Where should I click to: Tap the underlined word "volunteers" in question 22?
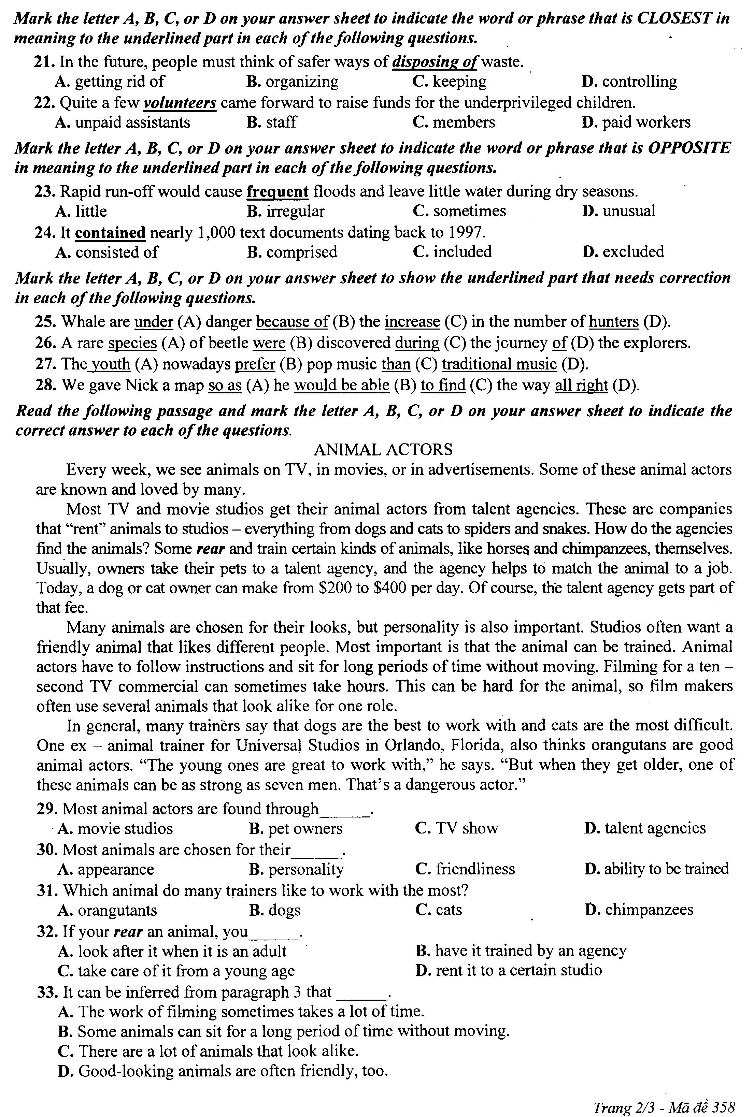(180, 103)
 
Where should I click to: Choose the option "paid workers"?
(646, 122)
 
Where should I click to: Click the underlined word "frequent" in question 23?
(278, 192)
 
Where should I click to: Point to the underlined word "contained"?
(110, 233)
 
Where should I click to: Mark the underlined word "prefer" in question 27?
(255, 364)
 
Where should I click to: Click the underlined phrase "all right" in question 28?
(581, 386)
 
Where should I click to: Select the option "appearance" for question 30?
(115, 869)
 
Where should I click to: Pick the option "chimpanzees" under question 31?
(649, 910)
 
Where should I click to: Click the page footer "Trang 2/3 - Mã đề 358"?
(664, 1104)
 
